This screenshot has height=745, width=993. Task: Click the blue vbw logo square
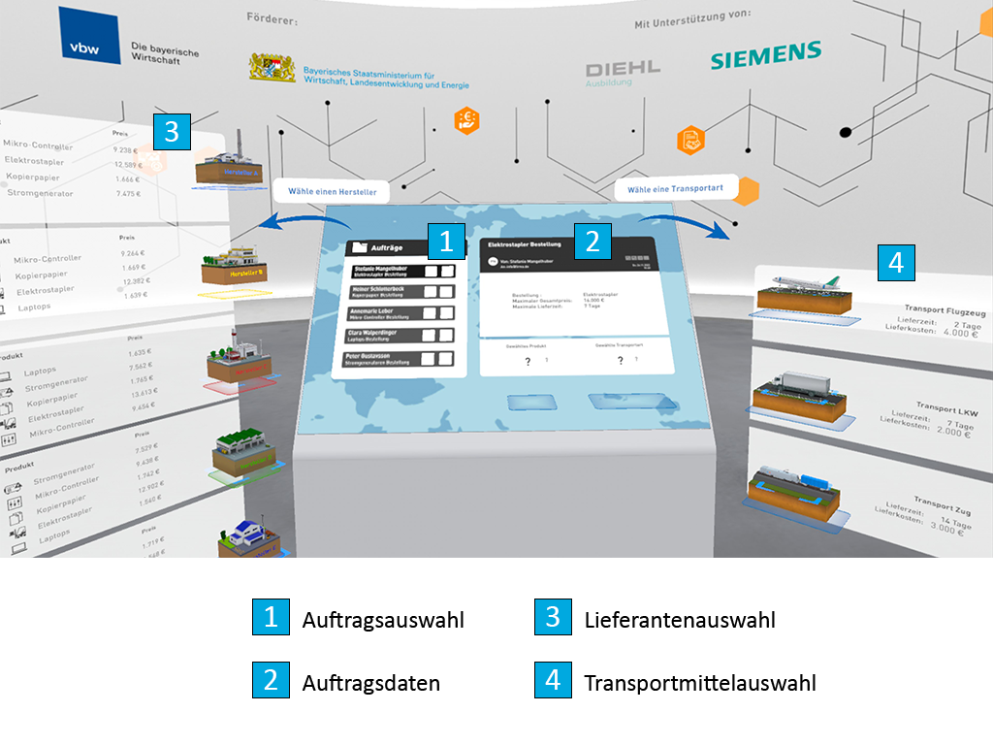pos(89,37)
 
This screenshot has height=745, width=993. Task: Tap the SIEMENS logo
pos(765,54)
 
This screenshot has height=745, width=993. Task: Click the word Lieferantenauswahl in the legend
pos(680,619)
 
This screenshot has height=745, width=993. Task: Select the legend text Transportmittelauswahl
pos(699,683)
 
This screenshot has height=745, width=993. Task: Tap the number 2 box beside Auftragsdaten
pos(271,681)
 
